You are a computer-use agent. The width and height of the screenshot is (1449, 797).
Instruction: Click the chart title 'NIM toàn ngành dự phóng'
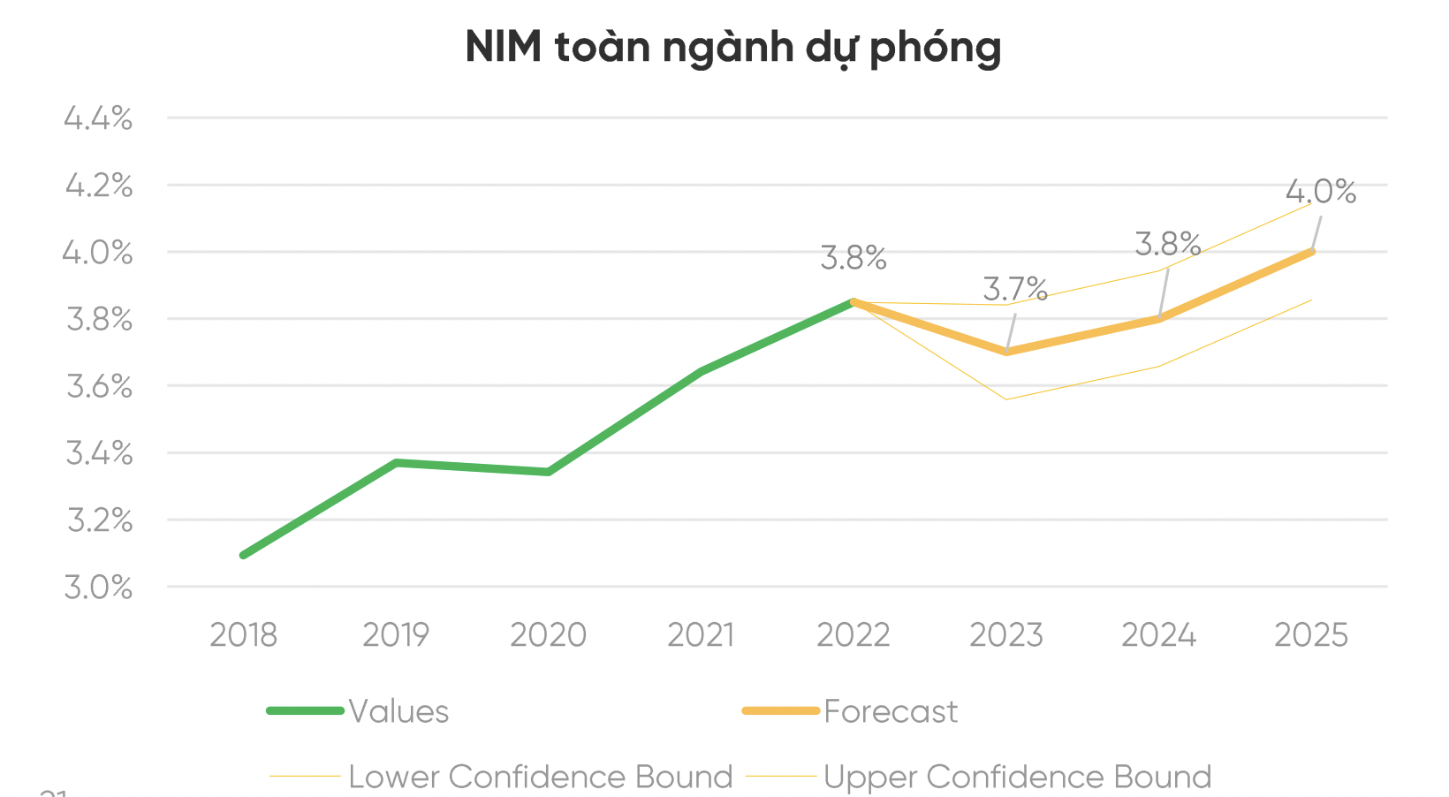pyautogui.click(x=732, y=47)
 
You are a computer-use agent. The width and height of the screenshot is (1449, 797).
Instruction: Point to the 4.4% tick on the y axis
pyautogui.click(x=98, y=118)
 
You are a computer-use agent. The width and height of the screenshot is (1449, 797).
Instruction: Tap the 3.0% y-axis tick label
pyautogui.click(x=98, y=587)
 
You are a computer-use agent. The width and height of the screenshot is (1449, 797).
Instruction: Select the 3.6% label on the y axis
pyautogui.click(x=99, y=386)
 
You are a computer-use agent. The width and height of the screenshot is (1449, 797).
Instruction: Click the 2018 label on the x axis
pyautogui.click(x=243, y=635)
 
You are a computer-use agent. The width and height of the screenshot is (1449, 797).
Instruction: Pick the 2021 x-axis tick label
pyautogui.click(x=701, y=635)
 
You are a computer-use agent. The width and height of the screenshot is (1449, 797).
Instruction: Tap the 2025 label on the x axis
pyautogui.click(x=1311, y=635)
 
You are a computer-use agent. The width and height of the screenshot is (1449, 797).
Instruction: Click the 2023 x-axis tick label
pyautogui.click(x=1006, y=635)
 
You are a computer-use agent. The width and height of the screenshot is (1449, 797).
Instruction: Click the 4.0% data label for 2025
pyautogui.click(x=1321, y=191)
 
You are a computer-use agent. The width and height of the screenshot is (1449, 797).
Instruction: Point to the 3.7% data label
pyautogui.click(x=1015, y=289)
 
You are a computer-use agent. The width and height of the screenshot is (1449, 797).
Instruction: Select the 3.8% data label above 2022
pyautogui.click(x=853, y=258)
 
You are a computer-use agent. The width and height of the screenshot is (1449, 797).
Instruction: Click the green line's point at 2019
pyautogui.click(x=397, y=462)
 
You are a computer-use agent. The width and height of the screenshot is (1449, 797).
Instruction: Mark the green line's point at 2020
pyautogui.click(x=549, y=472)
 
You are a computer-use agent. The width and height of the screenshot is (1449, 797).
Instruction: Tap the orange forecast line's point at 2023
pyautogui.click(x=1006, y=352)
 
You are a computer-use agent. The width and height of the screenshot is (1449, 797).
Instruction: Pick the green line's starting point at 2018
pyautogui.click(x=244, y=555)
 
